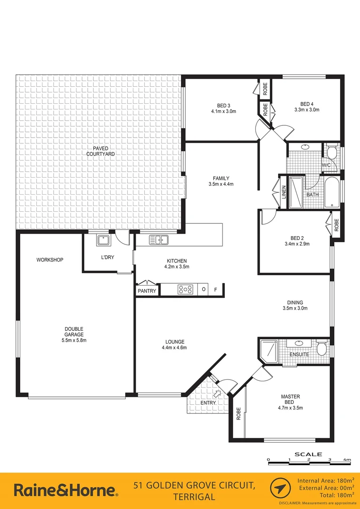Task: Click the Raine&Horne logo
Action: coord(65,491)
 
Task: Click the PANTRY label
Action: coord(147,291)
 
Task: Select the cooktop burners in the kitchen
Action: coord(185,290)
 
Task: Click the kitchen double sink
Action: coord(159,240)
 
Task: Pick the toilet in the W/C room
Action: coord(331,152)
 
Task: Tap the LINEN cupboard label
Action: coord(284,192)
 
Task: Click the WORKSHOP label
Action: coord(50,260)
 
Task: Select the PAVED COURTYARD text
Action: coord(100,151)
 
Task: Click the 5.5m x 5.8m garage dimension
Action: coord(74,340)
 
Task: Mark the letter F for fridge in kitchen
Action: coord(215,290)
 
